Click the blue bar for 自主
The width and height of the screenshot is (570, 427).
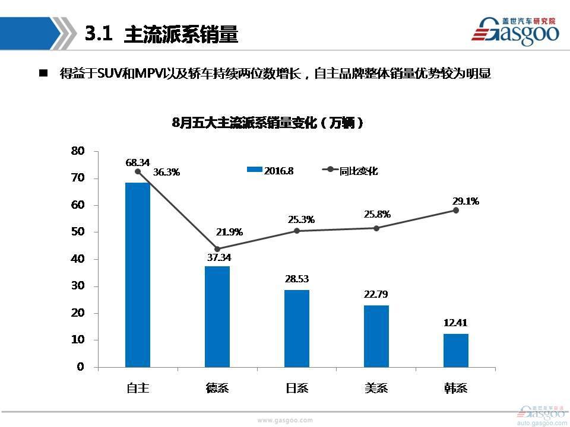(x=138, y=275)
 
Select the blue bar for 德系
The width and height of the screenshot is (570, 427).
(x=217, y=316)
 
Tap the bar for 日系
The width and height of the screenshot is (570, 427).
(x=297, y=328)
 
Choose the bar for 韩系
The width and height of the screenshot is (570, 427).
(x=456, y=350)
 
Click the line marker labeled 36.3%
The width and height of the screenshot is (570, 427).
(x=138, y=172)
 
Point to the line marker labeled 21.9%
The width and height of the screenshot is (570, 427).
(x=217, y=249)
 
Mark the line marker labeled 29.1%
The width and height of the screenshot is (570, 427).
(x=456, y=211)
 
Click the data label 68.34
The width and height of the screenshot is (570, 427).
(x=138, y=162)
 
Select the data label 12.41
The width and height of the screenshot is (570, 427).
(x=456, y=323)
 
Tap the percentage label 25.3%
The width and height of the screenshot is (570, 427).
(x=301, y=220)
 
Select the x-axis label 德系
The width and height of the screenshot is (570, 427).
(x=217, y=388)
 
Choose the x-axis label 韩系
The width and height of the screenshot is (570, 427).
(x=456, y=388)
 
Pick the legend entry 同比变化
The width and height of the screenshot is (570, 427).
(x=350, y=171)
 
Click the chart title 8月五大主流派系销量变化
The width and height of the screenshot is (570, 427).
(x=267, y=123)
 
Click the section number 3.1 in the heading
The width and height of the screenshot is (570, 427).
(x=99, y=34)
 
